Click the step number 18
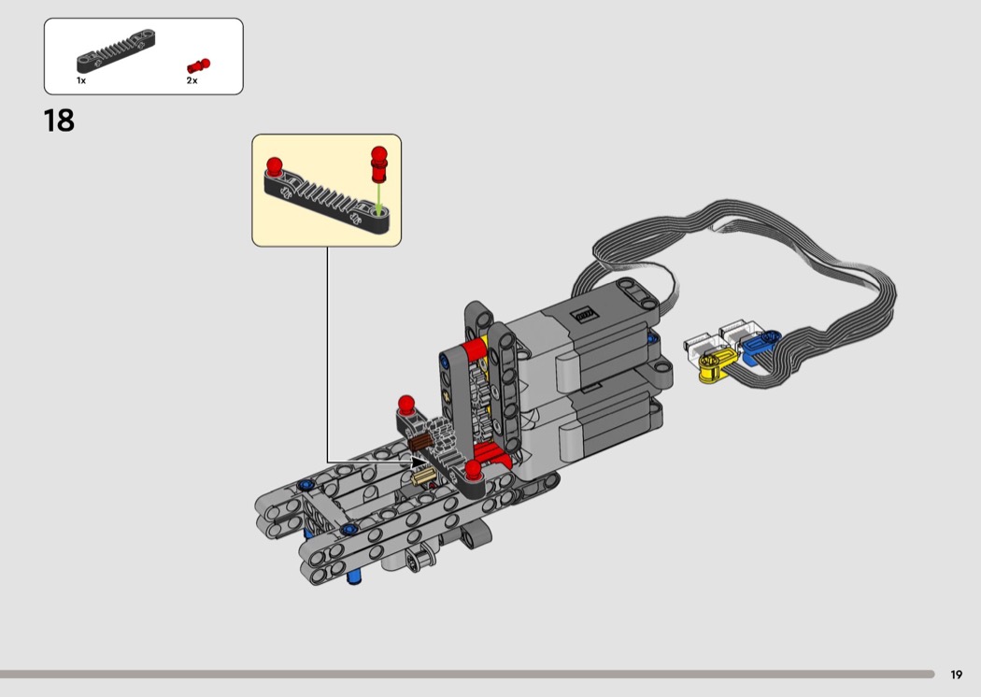pyautogui.click(x=59, y=121)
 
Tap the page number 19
pyautogui.click(x=956, y=675)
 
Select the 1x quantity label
pyautogui.click(x=81, y=80)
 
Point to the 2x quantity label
pyautogui.click(x=192, y=80)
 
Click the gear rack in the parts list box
pyautogui.click(x=116, y=51)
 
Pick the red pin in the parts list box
pyautogui.click(x=198, y=65)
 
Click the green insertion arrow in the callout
pyautogui.click(x=379, y=200)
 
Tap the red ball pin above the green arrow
pyautogui.click(x=379, y=164)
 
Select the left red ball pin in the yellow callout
pyautogui.click(x=274, y=166)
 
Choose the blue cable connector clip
pyautogui.click(x=759, y=347)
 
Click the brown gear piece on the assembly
pyautogui.click(x=420, y=442)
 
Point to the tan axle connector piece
pyautogui.click(x=423, y=477)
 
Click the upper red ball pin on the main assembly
pyautogui.click(x=406, y=405)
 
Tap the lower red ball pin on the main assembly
pyautogui.click(x=473, y=470)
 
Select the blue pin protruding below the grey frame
pyautogui.click(x=354, y=576)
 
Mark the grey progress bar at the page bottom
pyautogui.click(x=467, y=675)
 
